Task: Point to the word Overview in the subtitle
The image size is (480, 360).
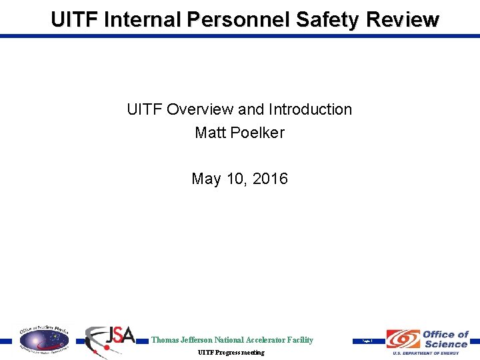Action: (x=203, y=109)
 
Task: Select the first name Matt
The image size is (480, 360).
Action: (x=209, y=133)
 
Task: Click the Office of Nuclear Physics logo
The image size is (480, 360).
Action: (x=43, y=339)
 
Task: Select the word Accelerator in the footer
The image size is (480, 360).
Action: (x=262, y=340)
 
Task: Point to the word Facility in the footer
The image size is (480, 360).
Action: (x=299, y=340)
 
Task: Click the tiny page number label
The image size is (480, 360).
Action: (x=366, y=341)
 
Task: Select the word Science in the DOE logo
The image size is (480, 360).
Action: (x=445, y=344)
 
